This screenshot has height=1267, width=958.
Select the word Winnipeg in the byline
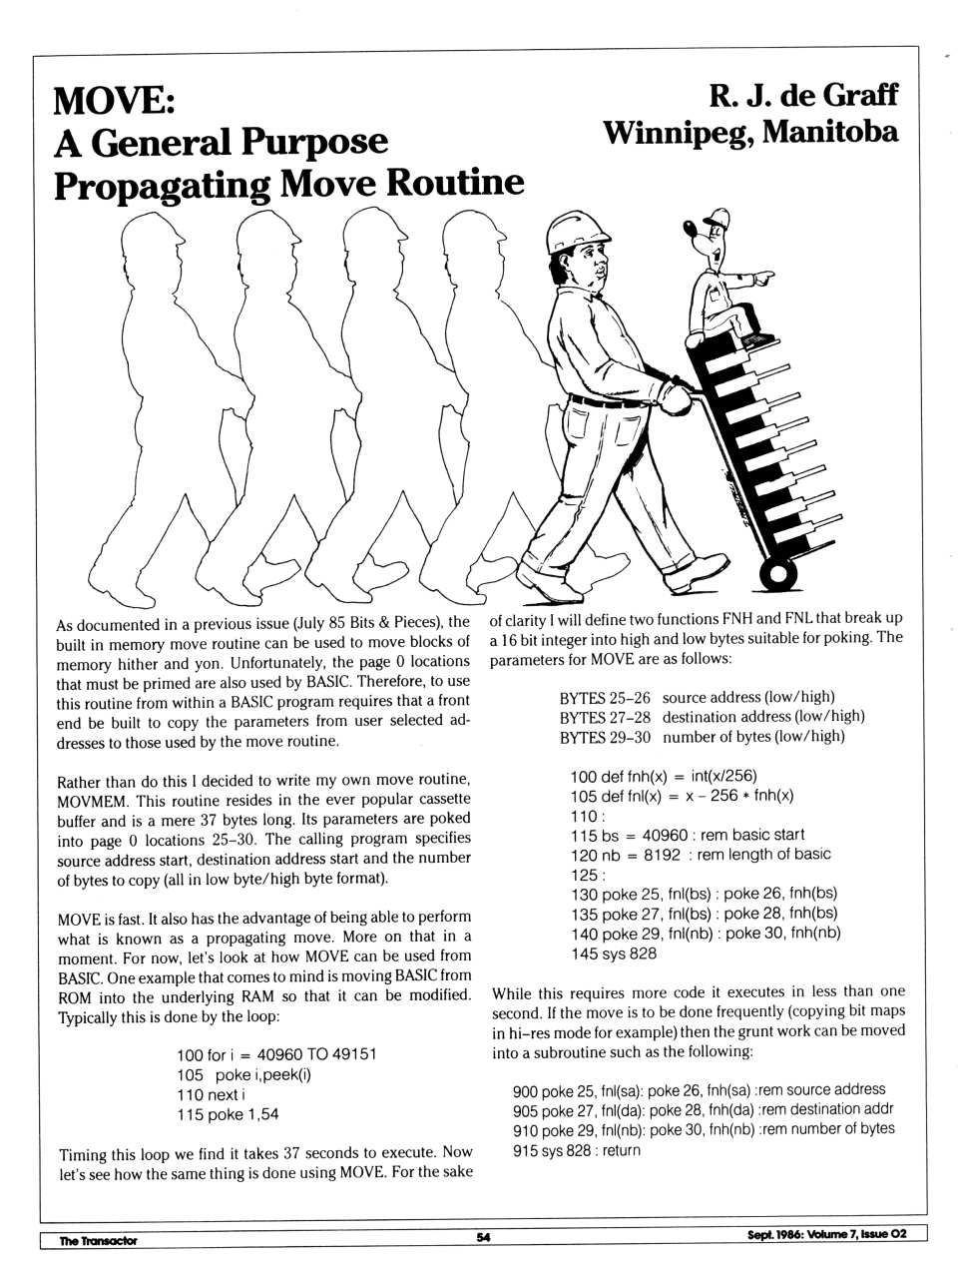coord(676,132)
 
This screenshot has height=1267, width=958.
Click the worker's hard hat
coord(572,233)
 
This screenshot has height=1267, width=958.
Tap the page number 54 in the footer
coord(483,1237)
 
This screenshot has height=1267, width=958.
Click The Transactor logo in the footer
coord(97,1240)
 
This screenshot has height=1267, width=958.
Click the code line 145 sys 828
coord(614,953)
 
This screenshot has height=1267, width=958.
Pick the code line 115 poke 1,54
coord(228,1114)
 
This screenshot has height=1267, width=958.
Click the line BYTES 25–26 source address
coord(697,697)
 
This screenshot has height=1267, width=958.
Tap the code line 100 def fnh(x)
coord(664,776)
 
